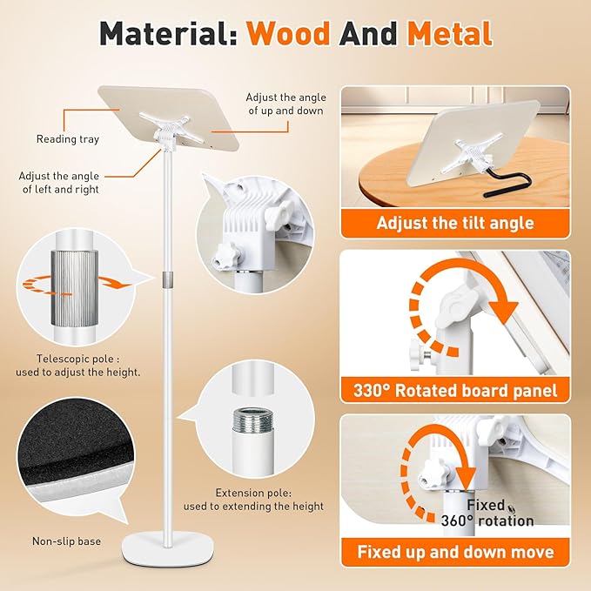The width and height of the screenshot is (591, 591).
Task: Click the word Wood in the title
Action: pos(288,34)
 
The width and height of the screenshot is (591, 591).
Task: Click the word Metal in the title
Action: pos(450,34)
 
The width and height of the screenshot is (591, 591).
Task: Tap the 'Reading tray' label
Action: pos(68,139)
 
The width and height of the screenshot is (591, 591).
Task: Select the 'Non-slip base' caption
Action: pos(67,541)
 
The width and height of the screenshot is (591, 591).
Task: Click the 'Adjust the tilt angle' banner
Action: pos(455,223)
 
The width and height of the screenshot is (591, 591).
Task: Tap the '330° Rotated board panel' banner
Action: pos(455,391)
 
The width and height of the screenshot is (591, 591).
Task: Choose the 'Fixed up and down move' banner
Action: pos(455,552)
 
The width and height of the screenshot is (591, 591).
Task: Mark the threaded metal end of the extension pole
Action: pos(248,420)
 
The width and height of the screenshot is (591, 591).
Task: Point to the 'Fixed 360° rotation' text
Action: pos(487,513)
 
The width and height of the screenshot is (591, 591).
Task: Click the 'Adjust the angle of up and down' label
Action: pos(286,104)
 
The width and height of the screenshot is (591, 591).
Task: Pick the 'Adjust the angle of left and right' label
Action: pos(59,183)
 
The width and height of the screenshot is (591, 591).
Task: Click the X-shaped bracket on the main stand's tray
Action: pos(171,127)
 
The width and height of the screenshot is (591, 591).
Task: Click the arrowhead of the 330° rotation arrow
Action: pos(506,310)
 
